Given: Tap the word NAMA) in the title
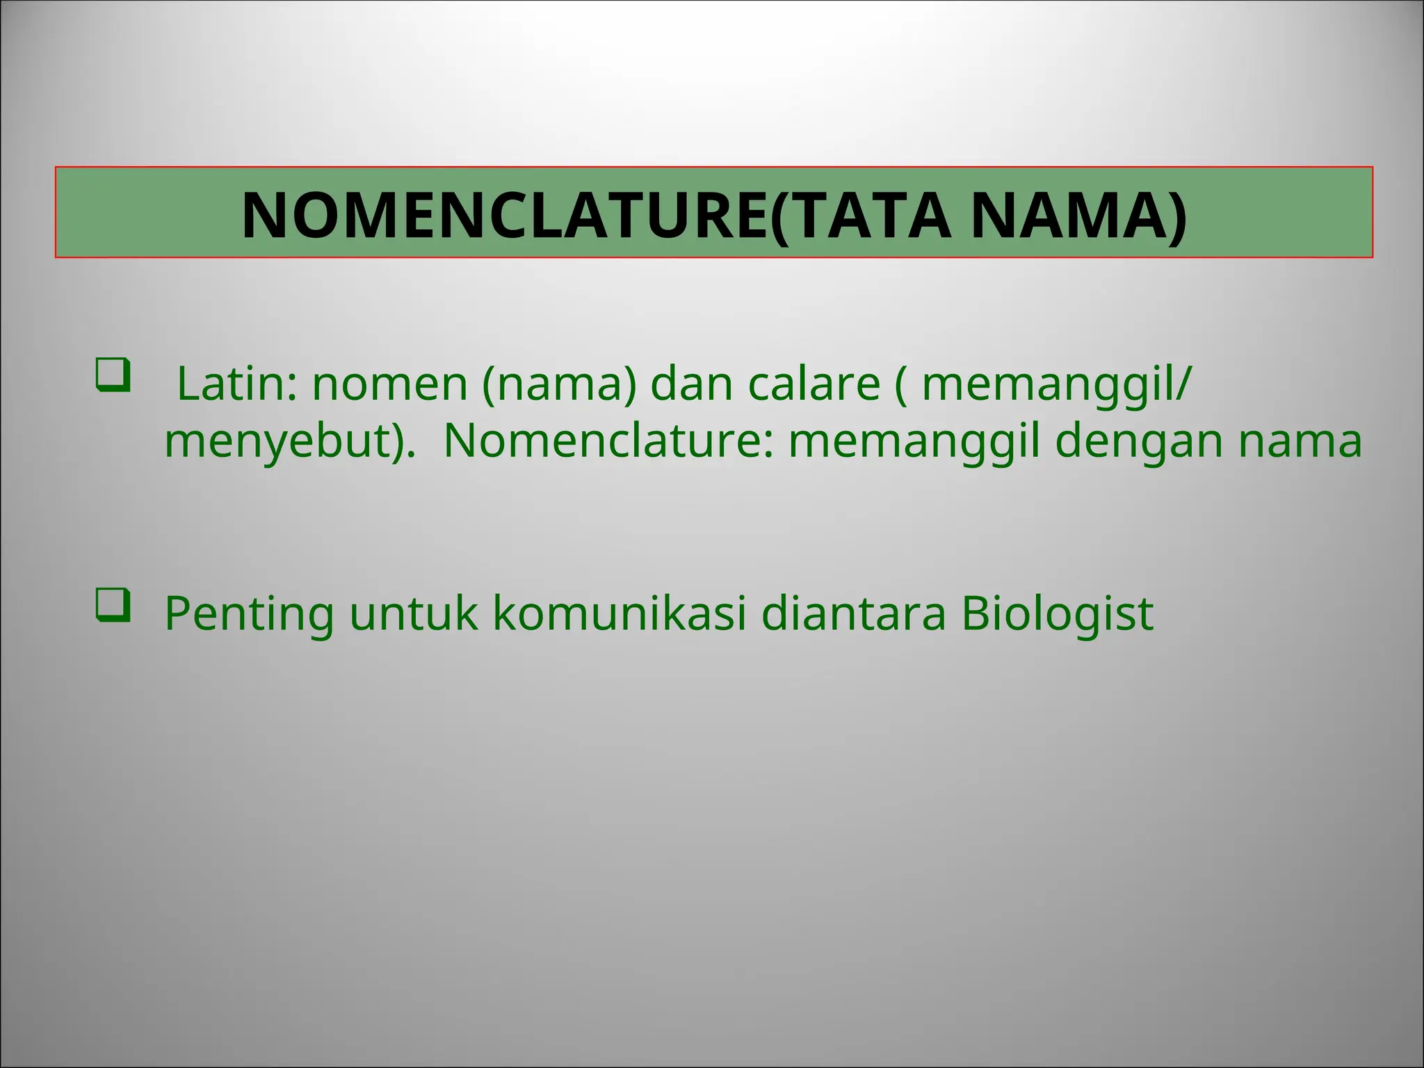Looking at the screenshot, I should click(x=1078, y=215).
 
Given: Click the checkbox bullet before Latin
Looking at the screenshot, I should click(x=113, y=376).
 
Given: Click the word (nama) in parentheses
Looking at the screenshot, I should click(x=559, y=385).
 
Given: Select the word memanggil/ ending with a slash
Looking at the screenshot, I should click(x=1055, y=385).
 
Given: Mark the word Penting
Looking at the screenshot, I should click(x=249, y=614).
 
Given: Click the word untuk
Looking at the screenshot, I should click(x=413, y=614).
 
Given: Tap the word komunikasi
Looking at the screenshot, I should click(x=620, y=614).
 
